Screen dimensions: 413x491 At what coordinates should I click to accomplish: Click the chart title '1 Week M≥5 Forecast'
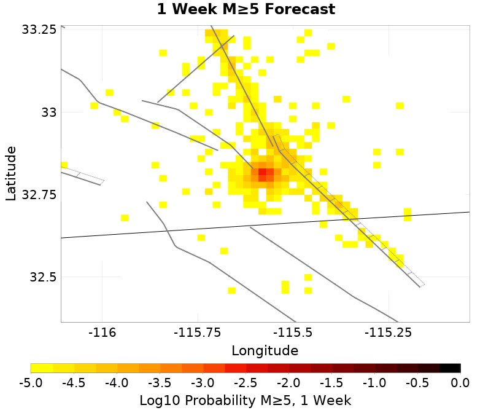(245, 10)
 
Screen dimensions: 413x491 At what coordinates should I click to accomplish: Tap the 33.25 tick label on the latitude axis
(39, 29)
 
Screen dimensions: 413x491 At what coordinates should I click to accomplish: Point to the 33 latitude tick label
(47, 112)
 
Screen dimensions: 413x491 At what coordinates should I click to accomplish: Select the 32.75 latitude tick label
(39, 195)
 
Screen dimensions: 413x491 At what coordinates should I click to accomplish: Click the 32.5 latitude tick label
(42, 277)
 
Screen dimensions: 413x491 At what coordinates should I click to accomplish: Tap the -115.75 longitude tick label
(198, 333)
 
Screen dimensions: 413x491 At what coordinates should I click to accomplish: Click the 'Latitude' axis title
(10, 173)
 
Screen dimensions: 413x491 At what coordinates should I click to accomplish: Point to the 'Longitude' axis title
(265, 351)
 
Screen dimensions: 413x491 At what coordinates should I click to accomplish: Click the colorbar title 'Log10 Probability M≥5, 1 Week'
(245, 401)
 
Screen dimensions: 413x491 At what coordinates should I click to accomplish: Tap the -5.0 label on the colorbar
(31, 383)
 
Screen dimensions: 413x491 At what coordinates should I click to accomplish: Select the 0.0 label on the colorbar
(460, 383)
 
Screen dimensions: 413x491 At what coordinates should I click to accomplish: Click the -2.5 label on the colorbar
(245, 383)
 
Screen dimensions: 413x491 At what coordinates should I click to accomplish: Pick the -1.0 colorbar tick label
(374, 383)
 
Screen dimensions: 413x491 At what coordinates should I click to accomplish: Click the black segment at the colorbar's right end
(450, 368)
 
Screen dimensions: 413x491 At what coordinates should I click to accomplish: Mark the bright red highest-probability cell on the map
(262, 173)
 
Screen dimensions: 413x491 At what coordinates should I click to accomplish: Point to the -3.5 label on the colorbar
(160, 383)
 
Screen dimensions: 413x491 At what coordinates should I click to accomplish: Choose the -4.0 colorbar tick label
(117, 383)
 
